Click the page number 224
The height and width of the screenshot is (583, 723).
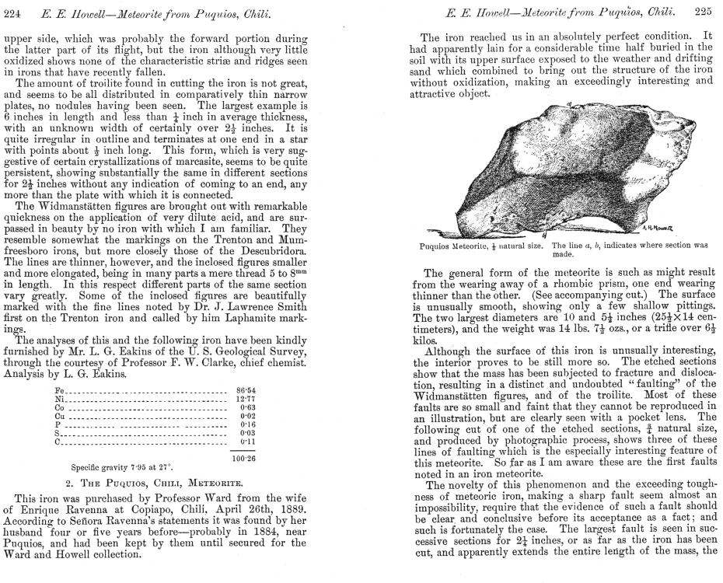[x=12, y=9]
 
